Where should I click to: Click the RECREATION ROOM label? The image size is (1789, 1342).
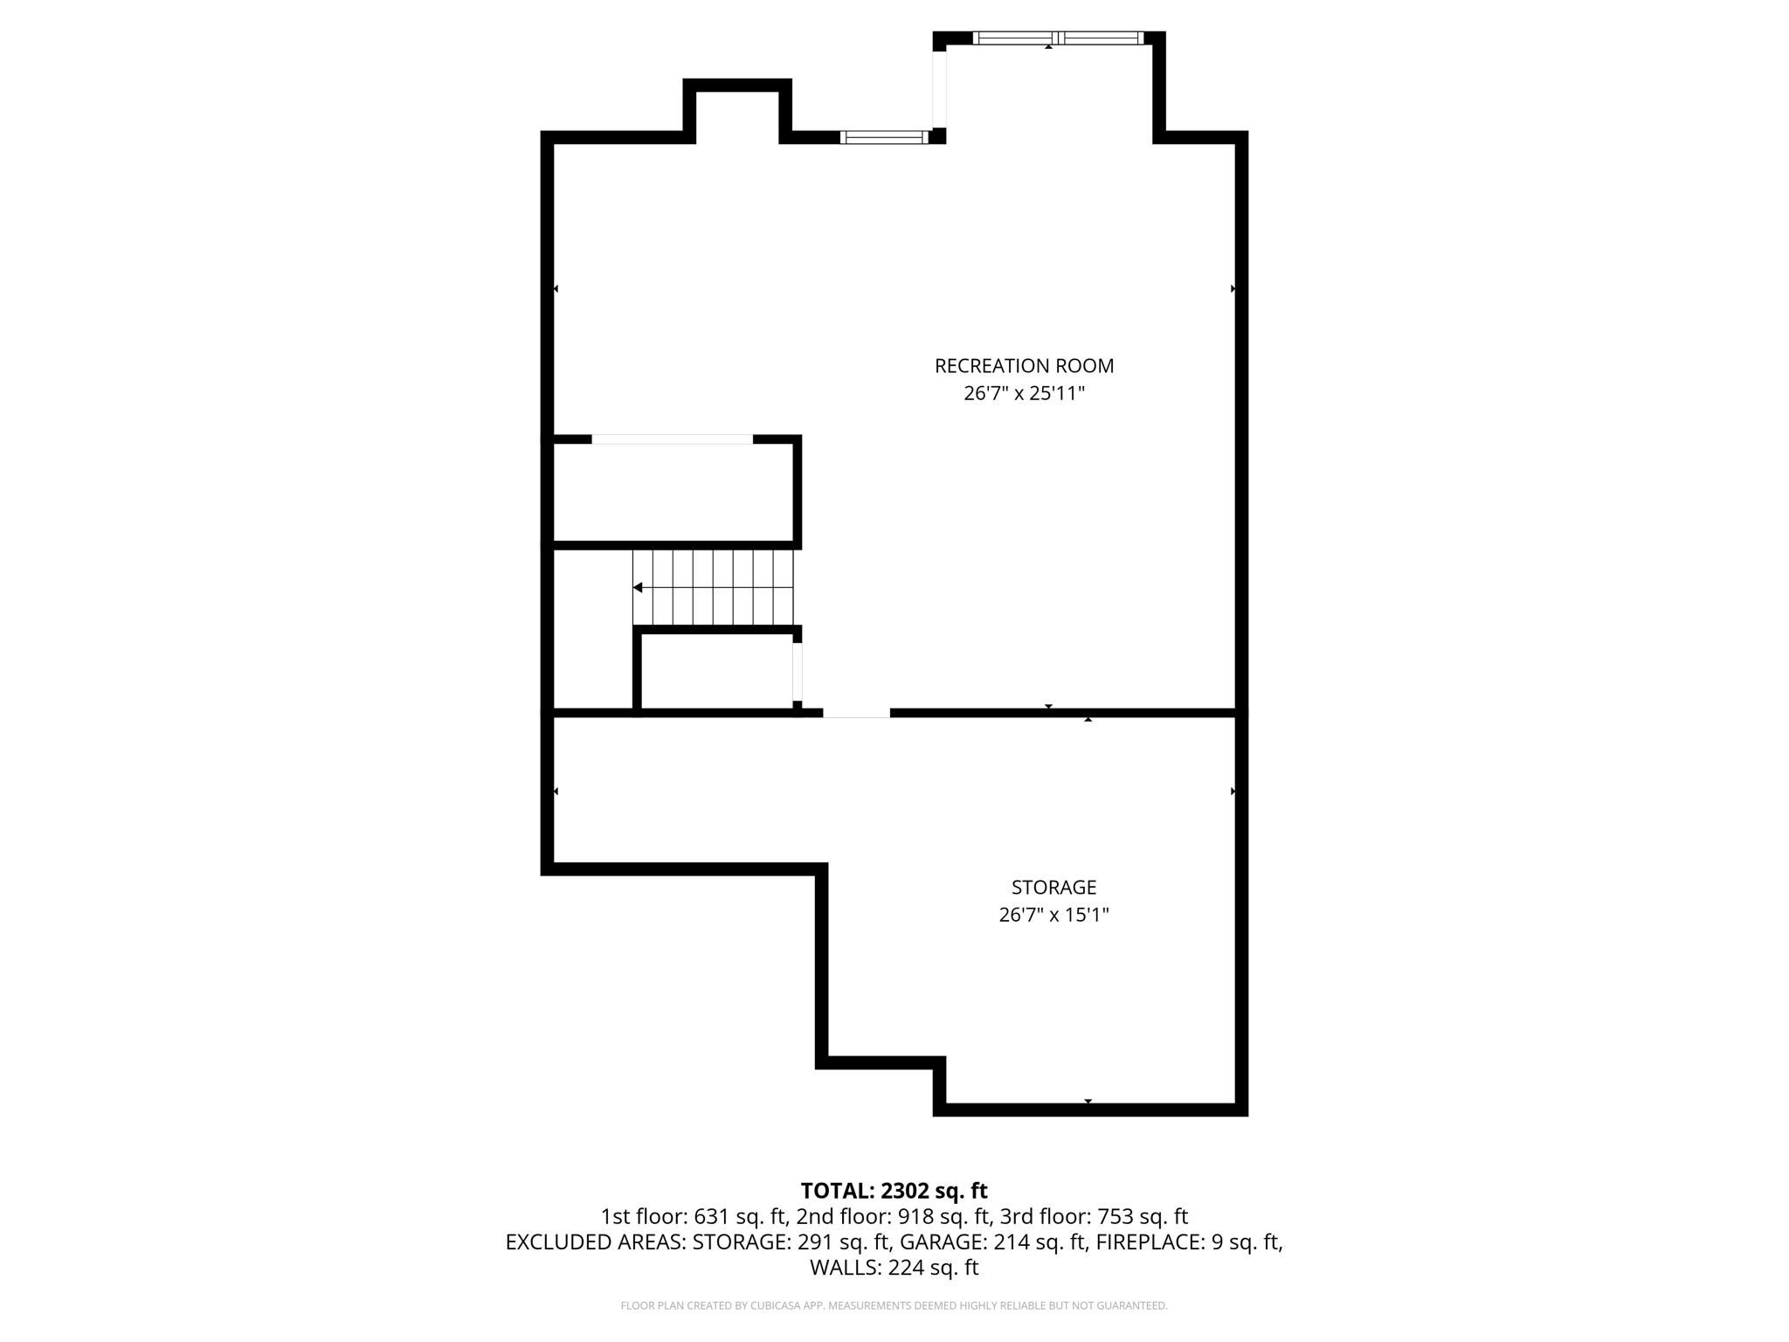pyautogui.click(x=1024, y=366)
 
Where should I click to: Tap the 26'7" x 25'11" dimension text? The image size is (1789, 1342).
pyautogui.click(x=1024, y=393)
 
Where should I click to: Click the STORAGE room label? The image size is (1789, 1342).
pyautogui.click(x=1053, y=888)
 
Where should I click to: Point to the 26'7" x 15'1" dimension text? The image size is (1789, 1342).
pyautogui.click(x=1053, y=915)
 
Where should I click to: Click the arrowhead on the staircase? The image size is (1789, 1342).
pyautogui.click(x=639, y=587)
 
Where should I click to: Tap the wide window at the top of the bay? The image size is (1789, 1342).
pyautogui.click(x=1057, y=38)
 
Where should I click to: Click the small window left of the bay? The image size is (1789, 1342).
pyautogui.click(x=883, y=137)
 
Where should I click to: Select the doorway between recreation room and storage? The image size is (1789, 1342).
pyautogui.click(x=856, y=713)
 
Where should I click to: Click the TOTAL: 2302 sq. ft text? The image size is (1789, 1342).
pyautogui.click(x=894, y=1191)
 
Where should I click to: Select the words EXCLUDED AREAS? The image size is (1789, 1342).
pyautogui.click(x=595, y=1242)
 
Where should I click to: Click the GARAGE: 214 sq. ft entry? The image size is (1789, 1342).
pyautogui.click(x=992, y=1242)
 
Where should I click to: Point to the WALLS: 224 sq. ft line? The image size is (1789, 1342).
pyautogui.click(x=894, y=1268)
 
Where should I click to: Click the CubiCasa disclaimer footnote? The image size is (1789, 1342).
pyautogui.click(x=894, y=1306)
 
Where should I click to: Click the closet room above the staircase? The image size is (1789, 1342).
pyautogui.click(x=673, y=493)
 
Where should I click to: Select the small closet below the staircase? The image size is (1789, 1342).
pyautogui.click(x=716, y=671)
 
